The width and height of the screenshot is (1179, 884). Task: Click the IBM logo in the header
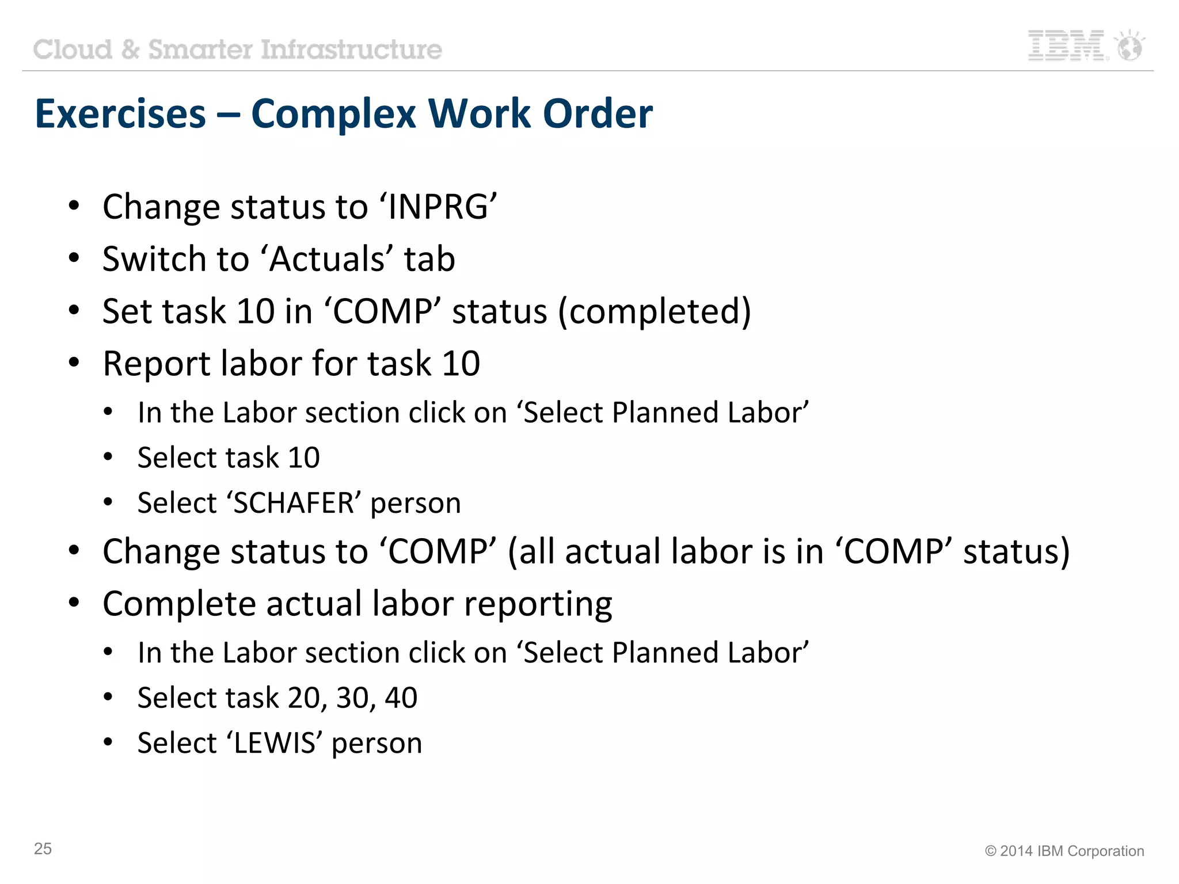pyautogui.click(x=1067, y=46)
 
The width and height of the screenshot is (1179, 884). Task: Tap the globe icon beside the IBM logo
pyautogui.click(x=1129, y=46)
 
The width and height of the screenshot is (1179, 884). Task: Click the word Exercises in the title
pyautogui.click(x=120, y=113)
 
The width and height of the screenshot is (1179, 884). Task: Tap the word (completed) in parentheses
pyautogui.click(x=655, y=312)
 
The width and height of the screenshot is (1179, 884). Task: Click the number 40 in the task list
pyautogui.click(x=401, y=698)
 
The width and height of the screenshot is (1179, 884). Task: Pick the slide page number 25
pyautogui.click(x=43, y=849)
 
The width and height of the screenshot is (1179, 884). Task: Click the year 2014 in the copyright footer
pyautogui.click(x=1017, y=851)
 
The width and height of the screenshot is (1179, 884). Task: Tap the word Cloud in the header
pyautogui.click(x=73, y=49)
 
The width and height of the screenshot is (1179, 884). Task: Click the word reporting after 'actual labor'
pyautogui.click(x=538, y=604)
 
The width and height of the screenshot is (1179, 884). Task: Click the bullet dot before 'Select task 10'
pyautogui.click(x=108, y=458)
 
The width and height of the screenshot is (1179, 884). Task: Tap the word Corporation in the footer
pyautogui.click(x=1109, y=851)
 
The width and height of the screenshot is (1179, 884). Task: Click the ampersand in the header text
pyautogui.click(x=131, y=49)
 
